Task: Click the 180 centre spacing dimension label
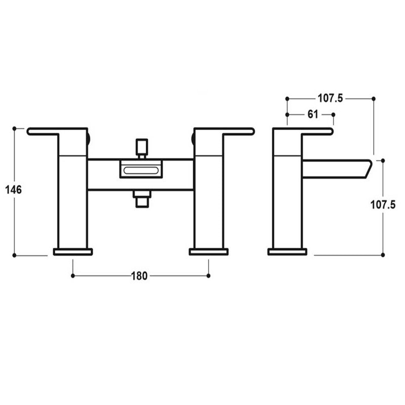(139, 276)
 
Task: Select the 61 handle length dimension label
(312, 114)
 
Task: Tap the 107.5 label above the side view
(330, 99)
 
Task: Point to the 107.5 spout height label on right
(383, 205)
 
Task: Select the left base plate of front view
(73, 252)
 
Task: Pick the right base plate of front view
(209, 252)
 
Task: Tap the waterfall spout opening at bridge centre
(140, 169)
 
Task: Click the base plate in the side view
(287, 252)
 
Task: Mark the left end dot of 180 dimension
(73, 276)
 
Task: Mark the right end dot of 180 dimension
(209, 276)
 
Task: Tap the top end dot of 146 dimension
(15, 129)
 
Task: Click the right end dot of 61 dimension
(334, 114)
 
